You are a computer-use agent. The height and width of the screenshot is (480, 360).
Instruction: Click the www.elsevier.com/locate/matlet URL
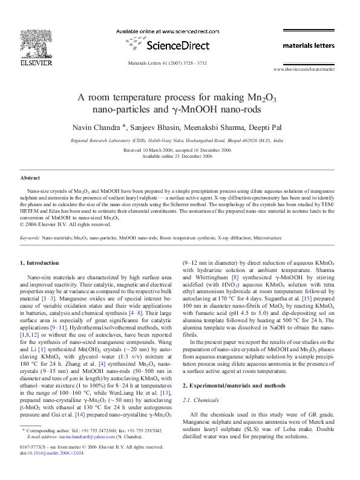point(304,70)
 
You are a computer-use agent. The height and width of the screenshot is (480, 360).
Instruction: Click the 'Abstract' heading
point(30,178)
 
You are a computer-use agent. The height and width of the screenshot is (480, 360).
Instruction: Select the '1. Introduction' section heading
point(40,263)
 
